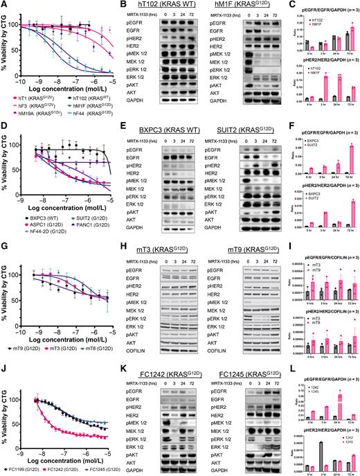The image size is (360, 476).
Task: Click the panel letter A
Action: click(4, 5)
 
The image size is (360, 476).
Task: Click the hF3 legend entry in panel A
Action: click(21, 105)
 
